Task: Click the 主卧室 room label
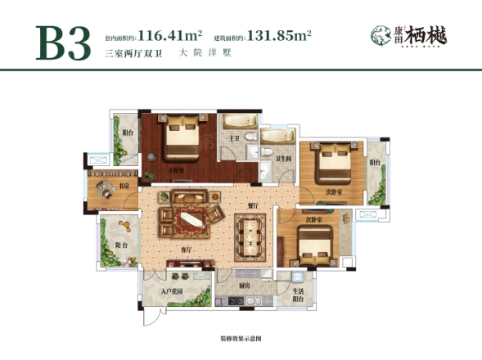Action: tap(175, 169)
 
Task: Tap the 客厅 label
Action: tap(187, 248)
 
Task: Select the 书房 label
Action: tap(123, 187)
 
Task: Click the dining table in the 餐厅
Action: tap(250, 234)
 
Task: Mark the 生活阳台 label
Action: tap(300, 295)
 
